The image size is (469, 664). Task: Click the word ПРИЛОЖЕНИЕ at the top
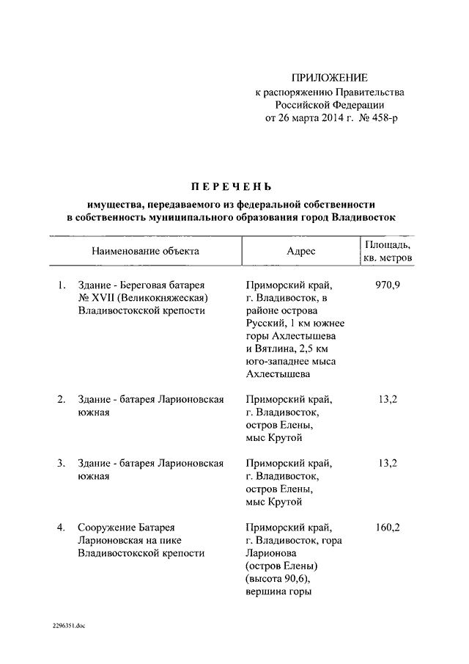pos(329,78)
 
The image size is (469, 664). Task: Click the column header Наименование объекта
pos(145,251)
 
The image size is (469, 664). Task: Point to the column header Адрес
pos(301,251)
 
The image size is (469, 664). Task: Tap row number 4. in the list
pos(62,528)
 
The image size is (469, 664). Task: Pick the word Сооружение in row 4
pos(106,528)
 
